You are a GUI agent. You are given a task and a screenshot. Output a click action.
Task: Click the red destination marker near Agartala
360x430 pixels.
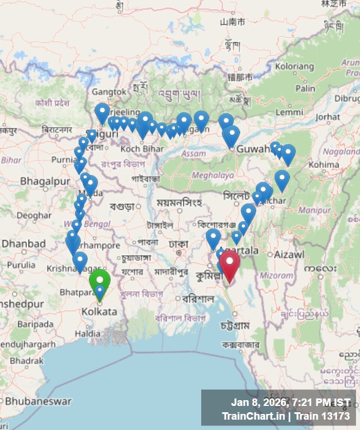[230, 263]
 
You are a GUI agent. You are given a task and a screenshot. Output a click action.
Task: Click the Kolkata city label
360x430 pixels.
[99, 312]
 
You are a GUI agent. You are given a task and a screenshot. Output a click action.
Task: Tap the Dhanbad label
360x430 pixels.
[23, 244]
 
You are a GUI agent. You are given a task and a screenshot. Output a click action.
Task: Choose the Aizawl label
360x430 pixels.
[289, 254]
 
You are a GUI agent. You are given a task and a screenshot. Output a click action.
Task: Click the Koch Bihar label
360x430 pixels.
[138, 149]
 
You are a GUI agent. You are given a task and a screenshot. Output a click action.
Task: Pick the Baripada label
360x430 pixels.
[35, 324]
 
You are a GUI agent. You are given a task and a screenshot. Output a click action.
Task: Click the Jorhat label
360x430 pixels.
[327, 117]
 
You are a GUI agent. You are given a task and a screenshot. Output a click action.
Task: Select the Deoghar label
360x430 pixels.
[33, 216]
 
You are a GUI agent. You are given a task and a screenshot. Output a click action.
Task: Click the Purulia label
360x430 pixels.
[21, 265]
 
